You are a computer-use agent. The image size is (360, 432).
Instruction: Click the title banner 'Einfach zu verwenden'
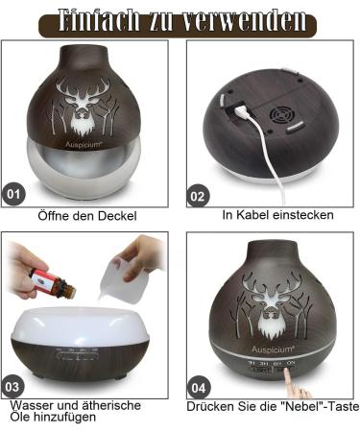point(180,19)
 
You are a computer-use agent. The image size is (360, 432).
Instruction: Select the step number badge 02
point(198,196)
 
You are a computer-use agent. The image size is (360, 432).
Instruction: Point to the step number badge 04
point(198,388)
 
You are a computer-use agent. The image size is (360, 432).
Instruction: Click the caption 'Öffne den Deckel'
point(87,215)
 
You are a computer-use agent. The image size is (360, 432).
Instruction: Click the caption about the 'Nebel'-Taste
point(273,406)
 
